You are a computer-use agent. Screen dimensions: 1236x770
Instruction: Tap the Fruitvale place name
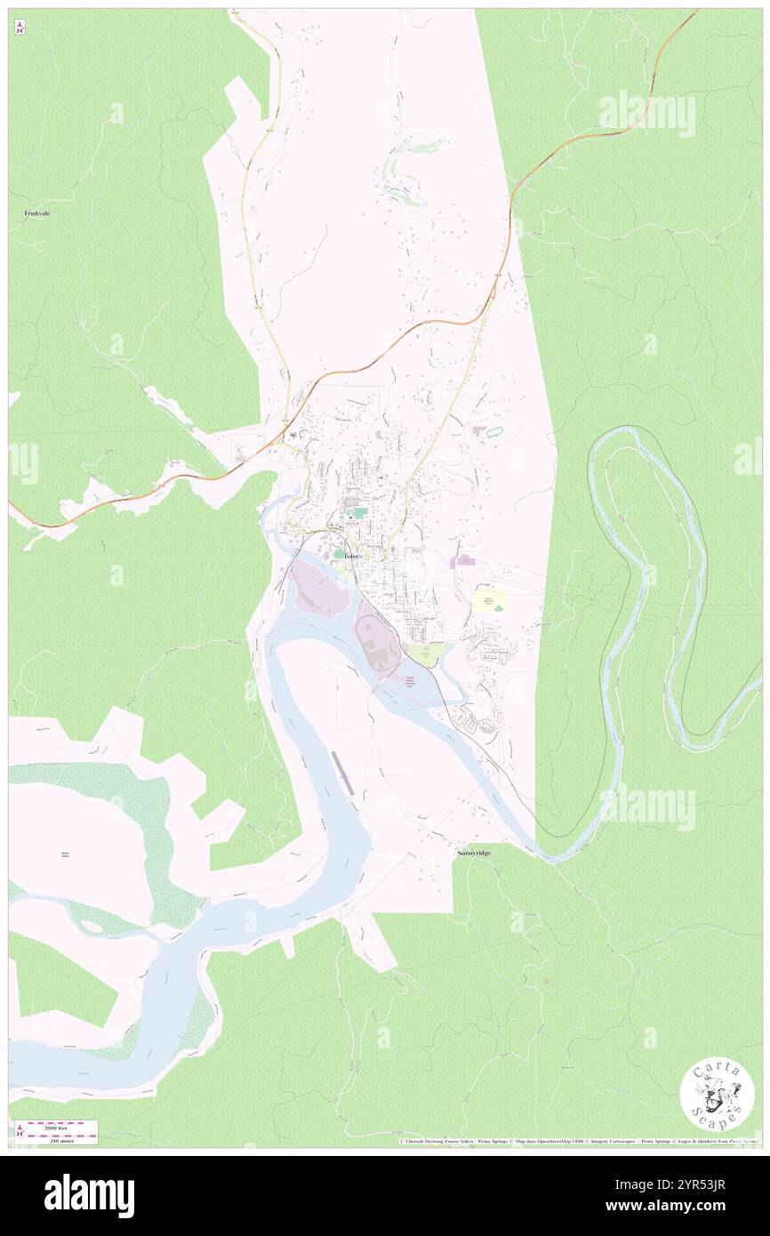pyautogui.click(x=36, y=213)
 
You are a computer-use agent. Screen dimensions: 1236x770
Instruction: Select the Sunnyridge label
pyautogui.click(x=473, y=852)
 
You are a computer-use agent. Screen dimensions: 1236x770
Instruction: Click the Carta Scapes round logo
pyautogui.click(x=717, y=1096)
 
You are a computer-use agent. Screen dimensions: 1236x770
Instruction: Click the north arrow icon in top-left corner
pyautogui.click(x=20, y=27)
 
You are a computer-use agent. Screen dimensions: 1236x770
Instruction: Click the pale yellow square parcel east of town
pyautogui.click(x=488, y=603)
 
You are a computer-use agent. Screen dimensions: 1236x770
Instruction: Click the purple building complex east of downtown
pyautogui.click(x=463, y=561)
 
